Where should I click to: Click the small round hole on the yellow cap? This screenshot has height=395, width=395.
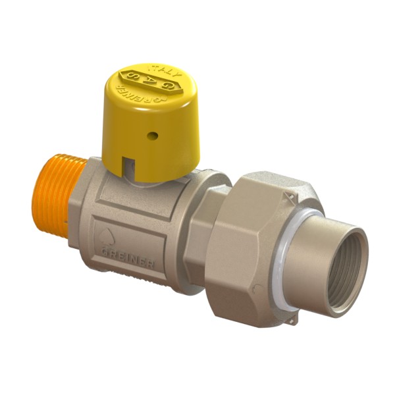[x=153, y=136]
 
